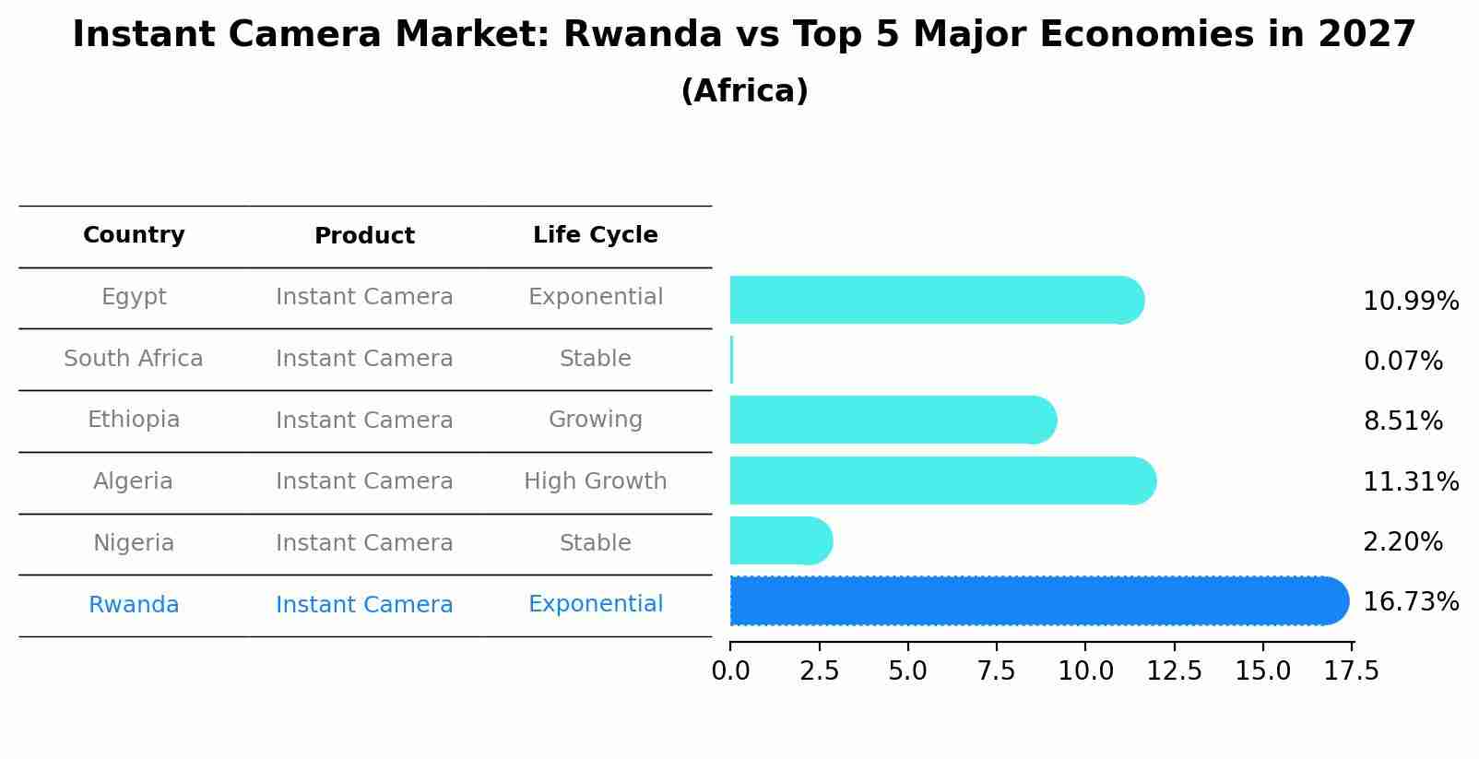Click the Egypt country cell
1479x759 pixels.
134,297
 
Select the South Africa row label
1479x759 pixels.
134,359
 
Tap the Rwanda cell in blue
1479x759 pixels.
134,605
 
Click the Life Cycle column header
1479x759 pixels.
595,235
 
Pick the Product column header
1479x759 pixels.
364,236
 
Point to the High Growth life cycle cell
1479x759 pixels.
595,481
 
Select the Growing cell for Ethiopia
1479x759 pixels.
595,420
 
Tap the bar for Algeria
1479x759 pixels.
941,480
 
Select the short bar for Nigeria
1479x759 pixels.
779,540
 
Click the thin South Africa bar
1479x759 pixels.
731,360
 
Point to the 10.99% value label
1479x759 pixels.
1410,302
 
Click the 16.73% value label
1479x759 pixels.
1410,602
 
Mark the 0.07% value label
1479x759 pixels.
1402,362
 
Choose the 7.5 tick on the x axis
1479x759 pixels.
996,671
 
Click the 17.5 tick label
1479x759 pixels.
1352,671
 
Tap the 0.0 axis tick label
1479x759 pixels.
730,671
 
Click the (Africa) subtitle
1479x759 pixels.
744,91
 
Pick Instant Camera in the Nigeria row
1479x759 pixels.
364,543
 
